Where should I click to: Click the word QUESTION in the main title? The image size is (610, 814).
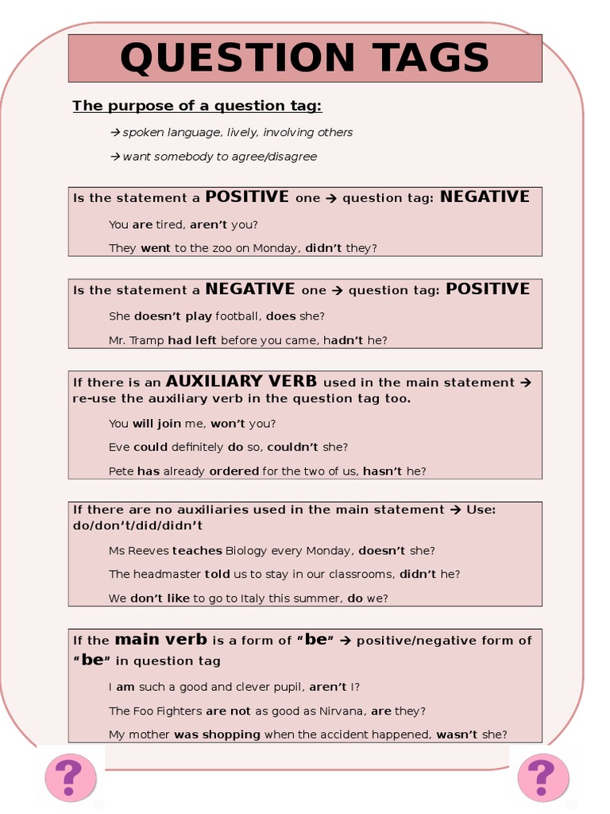[234, 58]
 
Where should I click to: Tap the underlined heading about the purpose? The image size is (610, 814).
[197, 106]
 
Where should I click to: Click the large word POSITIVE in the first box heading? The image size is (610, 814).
[247, 196]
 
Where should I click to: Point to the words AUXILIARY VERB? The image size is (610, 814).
[241, 382]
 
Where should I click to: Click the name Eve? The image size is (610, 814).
[119, 447]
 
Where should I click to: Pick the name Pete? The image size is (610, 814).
[122, 471]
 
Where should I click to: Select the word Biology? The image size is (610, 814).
[246, 550]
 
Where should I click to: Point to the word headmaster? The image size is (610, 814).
[168, 574]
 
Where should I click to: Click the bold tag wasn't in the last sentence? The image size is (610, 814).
[457, 735]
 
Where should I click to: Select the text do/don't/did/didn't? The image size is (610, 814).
[137, 525]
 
